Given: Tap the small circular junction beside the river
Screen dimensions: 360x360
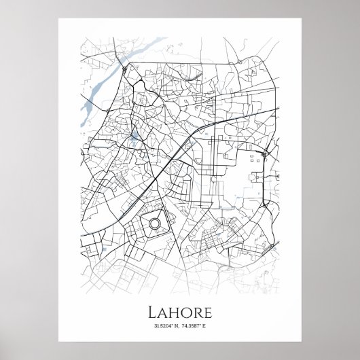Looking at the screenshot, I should (x=125, y=68).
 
